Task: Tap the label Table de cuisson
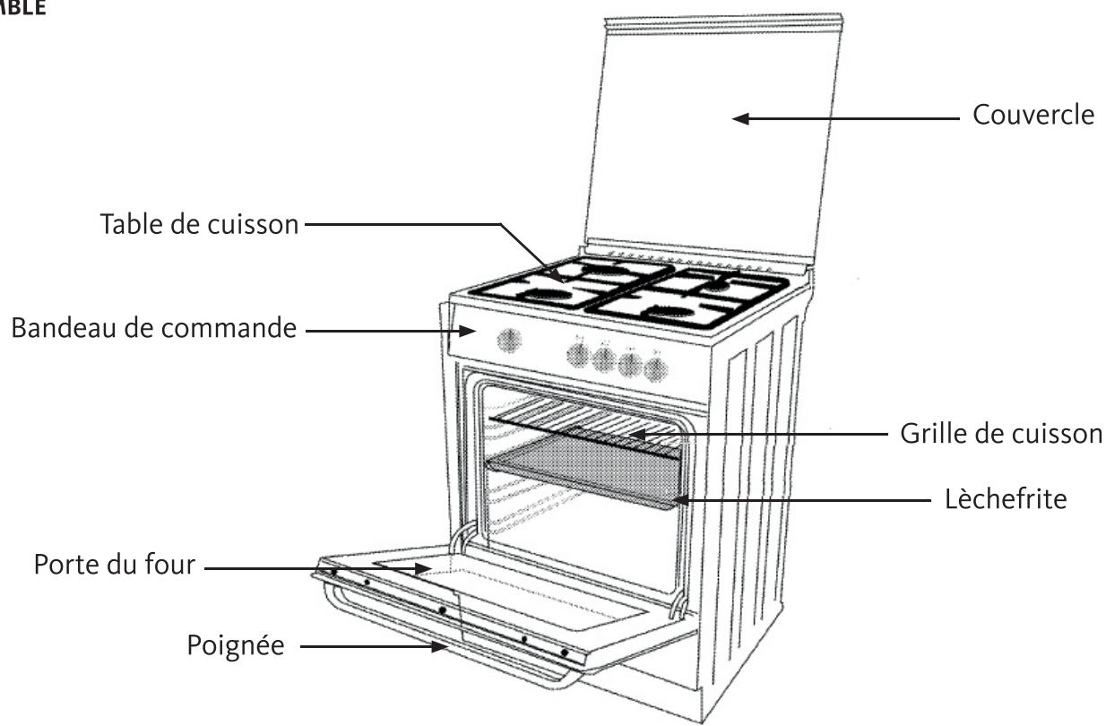pos(199,223)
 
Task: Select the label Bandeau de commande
pos(152,329)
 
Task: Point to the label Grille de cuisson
pos(1000,434)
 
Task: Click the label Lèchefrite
pos(1006,498)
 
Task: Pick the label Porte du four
pos(114,566)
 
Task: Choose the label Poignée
pos(236,644)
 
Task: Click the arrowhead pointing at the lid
pos(740,117)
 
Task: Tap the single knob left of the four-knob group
pos(509,341)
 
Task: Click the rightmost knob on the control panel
pos(657,367)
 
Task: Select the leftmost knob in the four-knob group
pos(577,356)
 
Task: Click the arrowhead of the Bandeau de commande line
pos(470,330)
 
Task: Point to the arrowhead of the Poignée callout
pos(441,644)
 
